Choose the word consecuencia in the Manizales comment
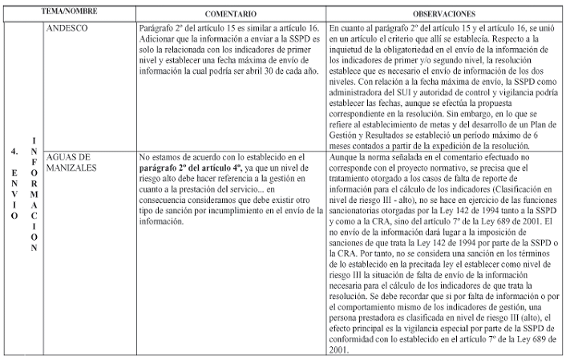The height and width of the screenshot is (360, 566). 167,201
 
